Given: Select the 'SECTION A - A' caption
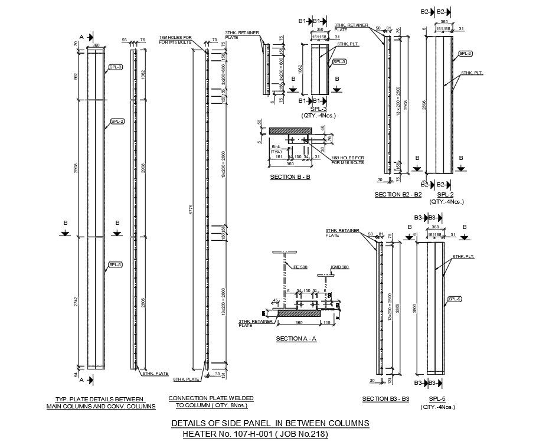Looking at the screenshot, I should point(296,339).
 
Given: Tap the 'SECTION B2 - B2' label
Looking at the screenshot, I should point(398,194).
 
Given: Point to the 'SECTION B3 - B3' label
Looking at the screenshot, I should point(385,399).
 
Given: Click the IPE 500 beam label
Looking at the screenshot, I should point(300,267).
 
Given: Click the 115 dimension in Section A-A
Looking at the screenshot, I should point(326,322).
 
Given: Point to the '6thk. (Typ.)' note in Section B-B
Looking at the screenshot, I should point(276,149).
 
